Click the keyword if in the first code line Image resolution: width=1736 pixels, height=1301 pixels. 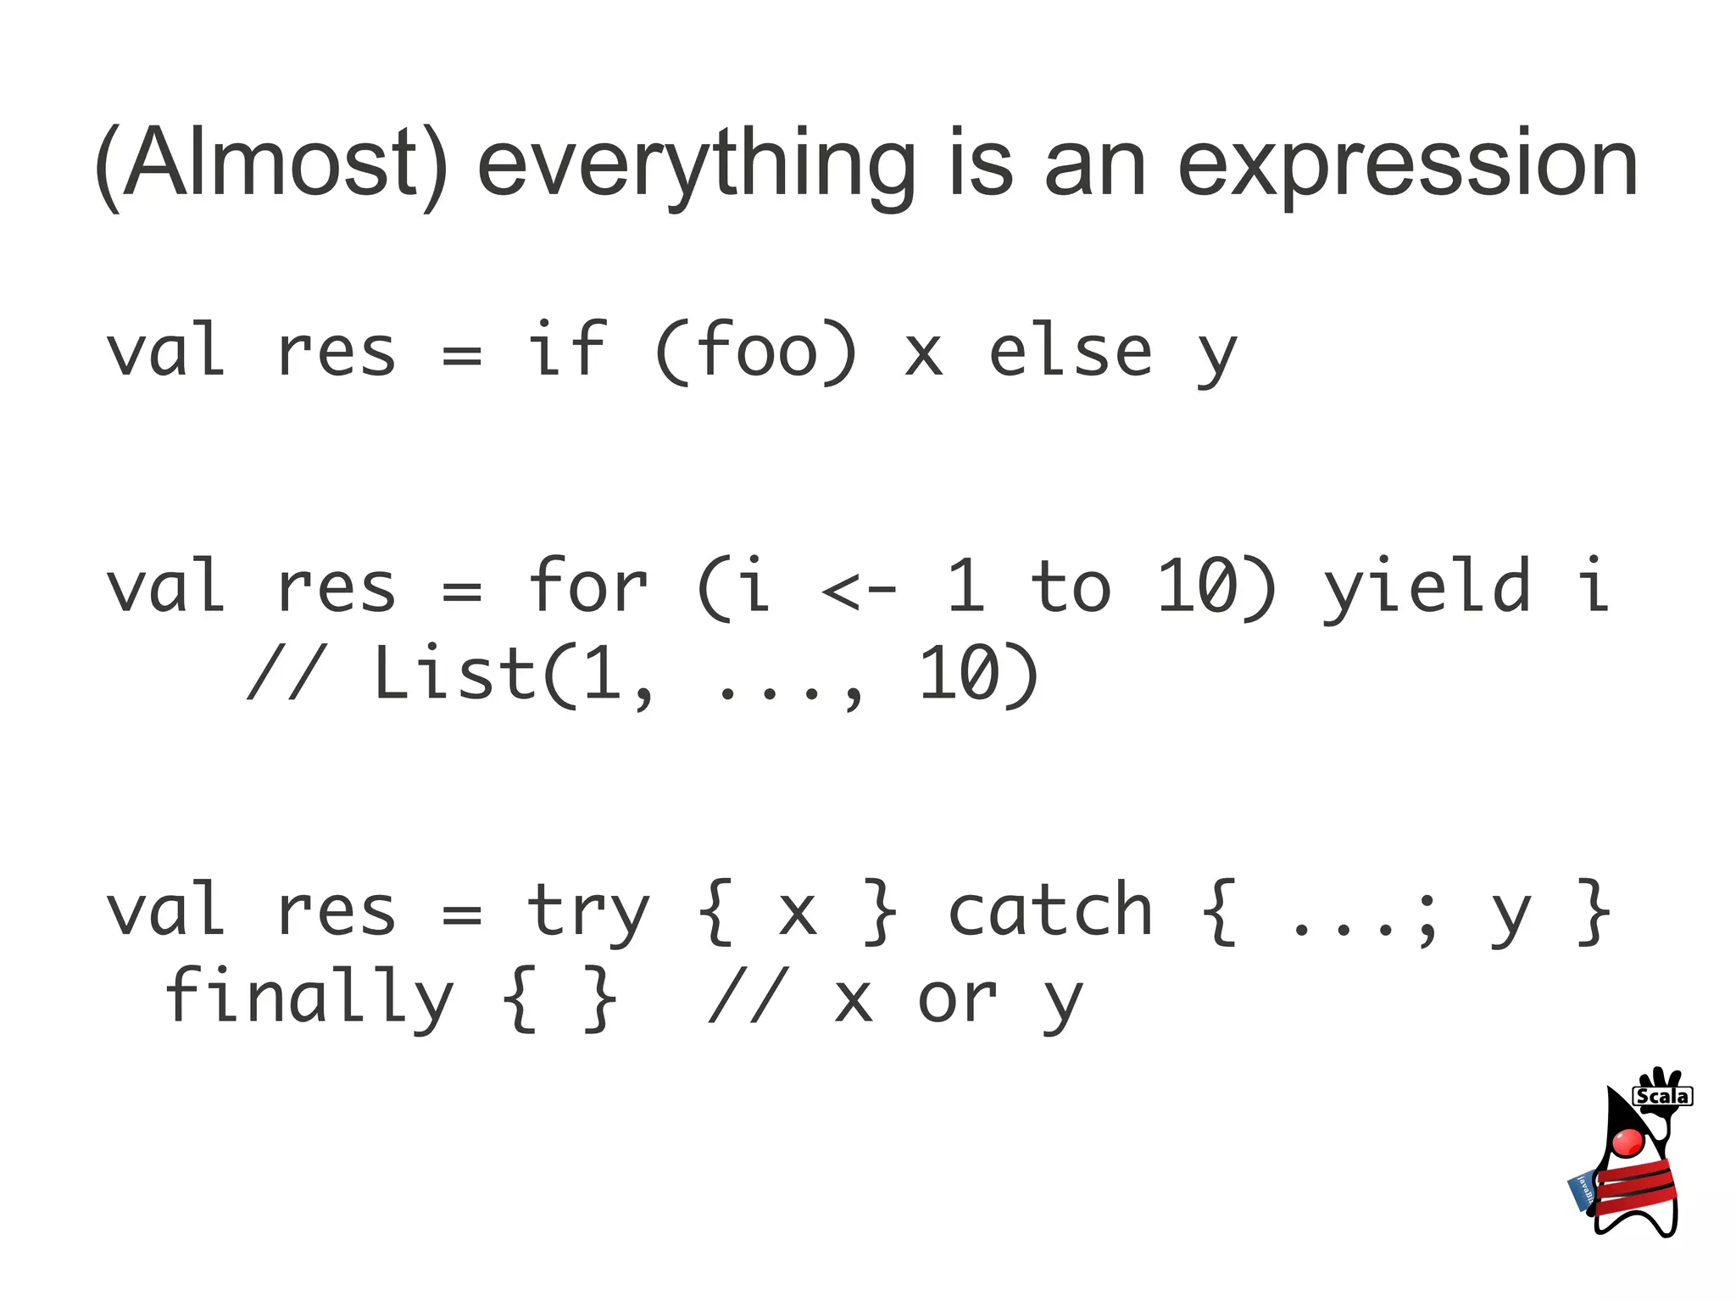(x=566, y=349)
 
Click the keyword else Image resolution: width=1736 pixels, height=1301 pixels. (x=1070, y=351)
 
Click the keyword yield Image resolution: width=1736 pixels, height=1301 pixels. (x=1427, y=587)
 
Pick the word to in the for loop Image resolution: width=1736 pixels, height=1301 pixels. (x=1070, y=587)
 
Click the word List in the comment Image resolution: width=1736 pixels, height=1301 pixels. (x=454, y=673)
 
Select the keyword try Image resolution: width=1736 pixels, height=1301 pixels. (x=587, y=912)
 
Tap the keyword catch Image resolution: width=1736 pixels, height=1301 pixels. (x=1049, y=910)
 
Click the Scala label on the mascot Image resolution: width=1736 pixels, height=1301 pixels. (x=1661, y=1096)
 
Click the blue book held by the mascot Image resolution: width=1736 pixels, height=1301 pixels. (x=1582, y=1191)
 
